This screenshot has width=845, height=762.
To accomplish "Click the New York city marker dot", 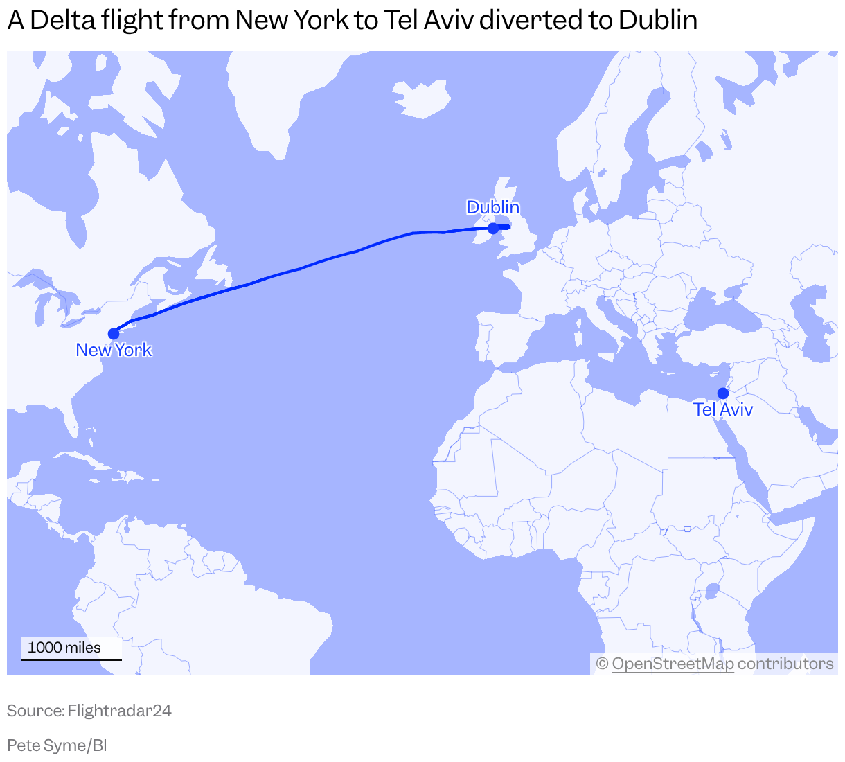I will [x=114, y=334].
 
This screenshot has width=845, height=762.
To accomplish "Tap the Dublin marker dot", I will [x=493, y=229].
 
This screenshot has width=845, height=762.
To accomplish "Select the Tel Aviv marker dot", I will [x=723, y=393].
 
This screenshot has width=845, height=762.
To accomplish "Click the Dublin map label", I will [x=492, y=207].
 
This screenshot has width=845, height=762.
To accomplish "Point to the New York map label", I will [x=114, y=351].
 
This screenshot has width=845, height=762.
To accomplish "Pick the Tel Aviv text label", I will [x=723, y=410].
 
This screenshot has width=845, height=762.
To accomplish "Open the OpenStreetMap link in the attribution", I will [x=673, y=664].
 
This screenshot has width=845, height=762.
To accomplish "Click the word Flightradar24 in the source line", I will [x=119, y=711].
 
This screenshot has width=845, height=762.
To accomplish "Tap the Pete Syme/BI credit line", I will [x=57, y=745].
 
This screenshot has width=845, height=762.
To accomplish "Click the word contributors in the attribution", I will [x=785, y=664].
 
